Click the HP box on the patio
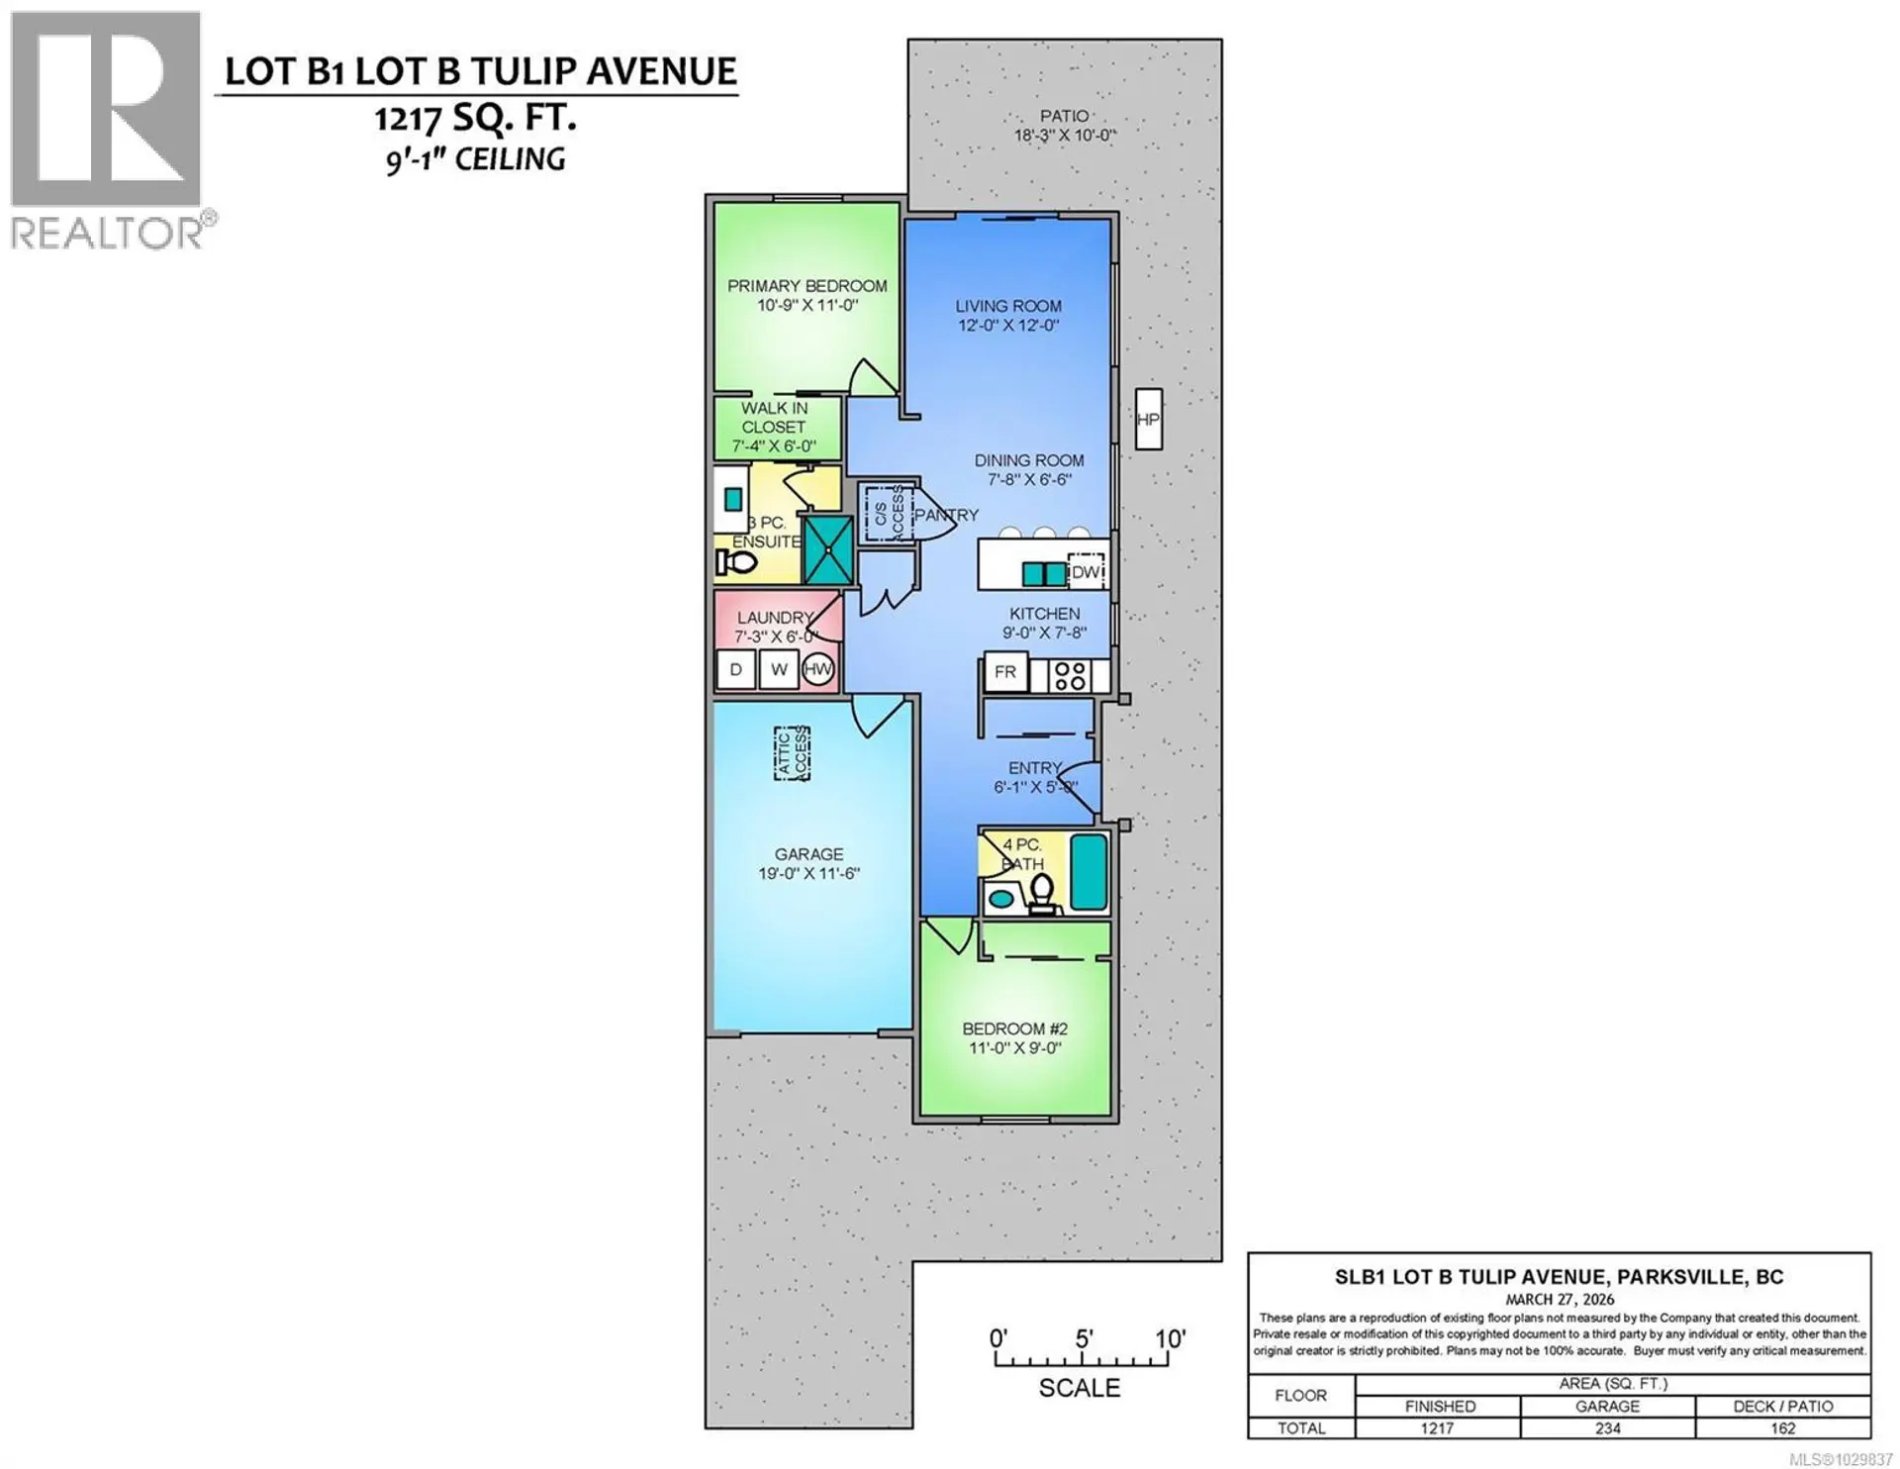click(x=1148, y=420)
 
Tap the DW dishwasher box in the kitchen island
click(x=1086, y=572)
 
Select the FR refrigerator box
click(x=1005, y=672)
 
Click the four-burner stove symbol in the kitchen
click(x=1069, y=676)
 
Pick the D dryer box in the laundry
click(x=736, y=670)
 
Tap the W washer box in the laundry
click(x=780, y=670)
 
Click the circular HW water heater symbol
click(x=818, y=670)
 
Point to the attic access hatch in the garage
click(x=792, y=753)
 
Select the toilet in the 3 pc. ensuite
click(x=735, y=563)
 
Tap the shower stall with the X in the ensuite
click(x=827, y=549)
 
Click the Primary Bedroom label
click(x=807, y=286)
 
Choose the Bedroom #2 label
click(x=1014, y=1029)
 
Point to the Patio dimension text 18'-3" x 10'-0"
click(x=1064, y=137)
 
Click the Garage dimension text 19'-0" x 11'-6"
click(x=808, y=874)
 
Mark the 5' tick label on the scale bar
click(x=1084, y=1339)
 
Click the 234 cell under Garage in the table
click(x=1607, y=1428)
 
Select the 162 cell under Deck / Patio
click(x=1782, y=1428)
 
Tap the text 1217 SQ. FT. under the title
click(x=475, y=120)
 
